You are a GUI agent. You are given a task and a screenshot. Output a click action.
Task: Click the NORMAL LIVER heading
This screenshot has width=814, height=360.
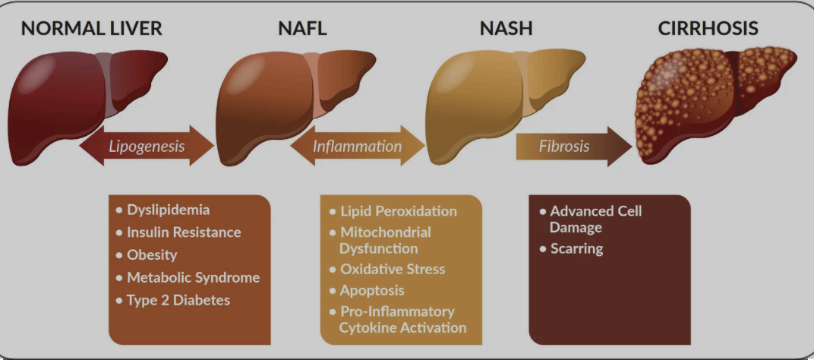tap(91, 30)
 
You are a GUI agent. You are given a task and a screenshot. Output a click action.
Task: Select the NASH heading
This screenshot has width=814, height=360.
tap(506, 30)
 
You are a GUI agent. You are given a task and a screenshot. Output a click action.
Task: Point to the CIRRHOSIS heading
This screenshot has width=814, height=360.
tap(708, 30)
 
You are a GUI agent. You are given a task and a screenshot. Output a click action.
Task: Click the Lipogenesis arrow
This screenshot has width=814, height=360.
tap(147, 145)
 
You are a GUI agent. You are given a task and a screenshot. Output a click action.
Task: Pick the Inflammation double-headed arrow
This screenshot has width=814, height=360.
tap(357, 145)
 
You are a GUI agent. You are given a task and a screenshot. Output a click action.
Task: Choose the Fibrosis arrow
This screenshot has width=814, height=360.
tap(566, 146)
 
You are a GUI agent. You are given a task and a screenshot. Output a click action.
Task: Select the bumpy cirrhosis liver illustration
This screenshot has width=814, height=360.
tap(710, 103)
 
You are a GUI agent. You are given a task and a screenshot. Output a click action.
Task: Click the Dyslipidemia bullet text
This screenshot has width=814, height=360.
tap(168, 209)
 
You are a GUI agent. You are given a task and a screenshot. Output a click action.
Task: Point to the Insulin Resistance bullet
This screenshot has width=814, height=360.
tap(183, 232)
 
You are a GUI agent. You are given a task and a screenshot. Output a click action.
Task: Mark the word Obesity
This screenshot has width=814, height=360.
tap(152, 254)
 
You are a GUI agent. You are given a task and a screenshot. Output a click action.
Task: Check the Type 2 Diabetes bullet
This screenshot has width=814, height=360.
tap(178, 300)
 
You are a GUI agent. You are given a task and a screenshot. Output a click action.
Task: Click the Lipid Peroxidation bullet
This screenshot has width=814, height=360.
tap(398, 210)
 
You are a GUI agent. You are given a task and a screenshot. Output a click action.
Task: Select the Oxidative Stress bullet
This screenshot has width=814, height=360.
tap(393, 269)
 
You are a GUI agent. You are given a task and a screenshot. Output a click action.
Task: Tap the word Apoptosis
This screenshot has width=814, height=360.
tap(372, 290)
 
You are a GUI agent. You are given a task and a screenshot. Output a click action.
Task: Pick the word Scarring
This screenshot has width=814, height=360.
tap(576, 248)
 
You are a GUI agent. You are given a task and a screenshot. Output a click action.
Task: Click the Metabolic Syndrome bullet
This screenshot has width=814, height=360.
tap(193, 277)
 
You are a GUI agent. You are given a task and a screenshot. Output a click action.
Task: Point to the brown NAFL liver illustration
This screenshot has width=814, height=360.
tap(281, 103)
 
